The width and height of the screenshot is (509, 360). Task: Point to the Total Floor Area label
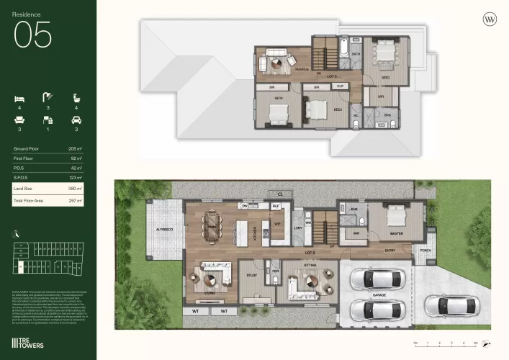tap(30, 201)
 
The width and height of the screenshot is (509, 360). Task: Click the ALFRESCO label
tap(166, 229)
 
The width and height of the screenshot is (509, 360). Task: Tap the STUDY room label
tap(252, 275)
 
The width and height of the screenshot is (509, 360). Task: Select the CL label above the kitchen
tap(280, 194)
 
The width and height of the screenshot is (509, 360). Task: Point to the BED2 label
tap(385, 77)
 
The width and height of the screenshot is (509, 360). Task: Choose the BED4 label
tap(279, 97)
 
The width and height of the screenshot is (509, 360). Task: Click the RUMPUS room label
tap(302, 70)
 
